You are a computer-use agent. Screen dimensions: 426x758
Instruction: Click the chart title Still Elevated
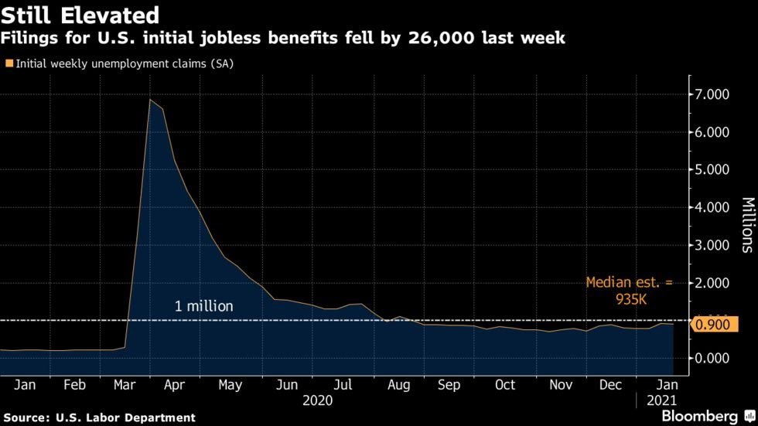click(80, 15)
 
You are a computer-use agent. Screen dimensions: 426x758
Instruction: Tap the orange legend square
click(9, 64)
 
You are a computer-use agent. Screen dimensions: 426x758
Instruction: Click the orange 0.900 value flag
click(713, 325)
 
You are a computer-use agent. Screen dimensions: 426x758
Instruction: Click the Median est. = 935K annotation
click(629, 291)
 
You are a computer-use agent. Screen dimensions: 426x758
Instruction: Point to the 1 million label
click(203, 306)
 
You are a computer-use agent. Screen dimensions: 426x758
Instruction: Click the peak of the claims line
click(149, 100)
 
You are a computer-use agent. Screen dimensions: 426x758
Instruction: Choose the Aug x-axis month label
click(398, 385)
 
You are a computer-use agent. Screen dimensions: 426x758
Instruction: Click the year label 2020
click(318, 400)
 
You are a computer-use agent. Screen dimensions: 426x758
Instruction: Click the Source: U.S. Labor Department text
click(98, 417)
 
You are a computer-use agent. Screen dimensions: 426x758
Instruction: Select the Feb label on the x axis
click(74, 385)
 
